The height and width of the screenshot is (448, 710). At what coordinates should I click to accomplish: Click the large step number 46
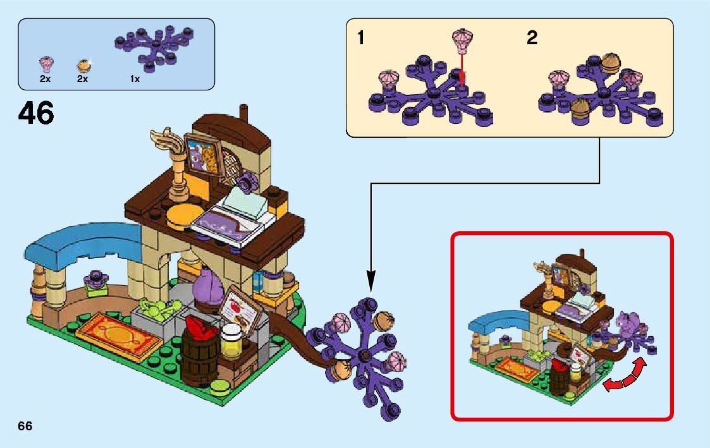tap(36, 114)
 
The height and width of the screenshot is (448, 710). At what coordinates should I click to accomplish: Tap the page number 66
tap(25, 427)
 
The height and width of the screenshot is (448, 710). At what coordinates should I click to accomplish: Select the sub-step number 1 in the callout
tap(360, 39)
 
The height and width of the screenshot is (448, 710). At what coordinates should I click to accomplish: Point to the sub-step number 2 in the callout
tap(532, 39)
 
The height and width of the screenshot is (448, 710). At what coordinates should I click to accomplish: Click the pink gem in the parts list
tap(46, 64)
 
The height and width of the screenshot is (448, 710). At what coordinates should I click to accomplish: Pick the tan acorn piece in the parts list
tap(83, 65)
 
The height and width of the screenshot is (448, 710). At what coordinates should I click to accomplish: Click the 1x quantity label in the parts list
tap(135, 80)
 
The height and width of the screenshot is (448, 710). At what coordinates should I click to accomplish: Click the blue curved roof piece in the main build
tap(83, 240)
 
